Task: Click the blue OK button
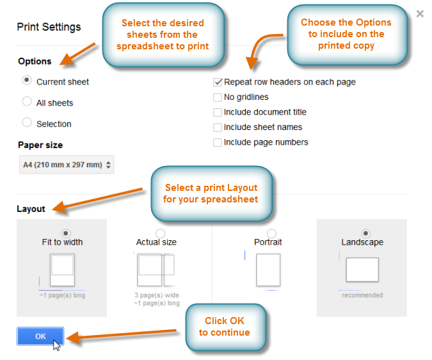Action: pos(40,336)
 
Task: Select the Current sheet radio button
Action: pos(27,81)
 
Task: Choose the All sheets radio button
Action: pos(27,102)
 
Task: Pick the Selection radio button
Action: pos(27,123)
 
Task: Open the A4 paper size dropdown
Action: pos(67,165)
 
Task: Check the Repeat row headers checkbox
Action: pos(218,82)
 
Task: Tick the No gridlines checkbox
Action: pos(218,97)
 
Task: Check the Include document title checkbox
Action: pos(218,112)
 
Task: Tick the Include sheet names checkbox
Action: pos(218,127)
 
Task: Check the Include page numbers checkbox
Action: pos(218,142)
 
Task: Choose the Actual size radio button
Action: pos(160,233)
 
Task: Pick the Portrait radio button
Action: pos(271,233)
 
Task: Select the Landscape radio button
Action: pos(365,233)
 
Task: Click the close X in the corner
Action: pos(420,13)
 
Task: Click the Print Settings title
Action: pos(49,27)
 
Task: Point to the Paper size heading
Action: pos(40,145)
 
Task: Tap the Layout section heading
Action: pos(31,209)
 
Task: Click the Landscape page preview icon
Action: pos(362,270)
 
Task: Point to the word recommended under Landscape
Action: pos(362,295)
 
